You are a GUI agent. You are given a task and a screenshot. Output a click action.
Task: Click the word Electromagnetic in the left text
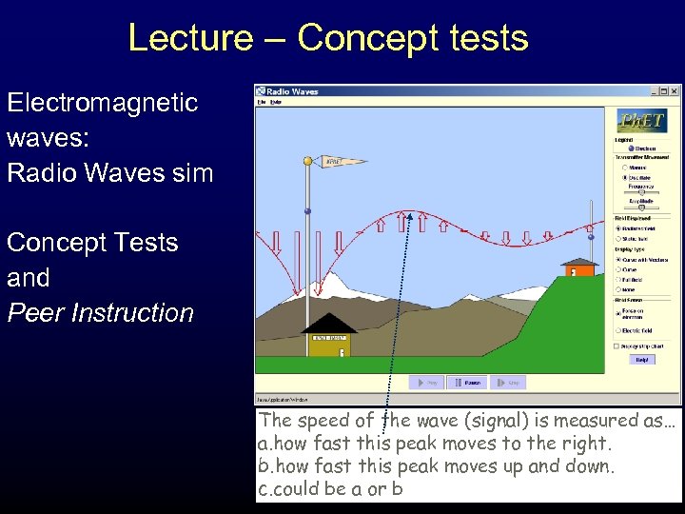coord(103,103)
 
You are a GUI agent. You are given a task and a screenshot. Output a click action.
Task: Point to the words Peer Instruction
coord(101,313)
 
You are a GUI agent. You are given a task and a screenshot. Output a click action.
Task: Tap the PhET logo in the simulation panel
coord(642,121)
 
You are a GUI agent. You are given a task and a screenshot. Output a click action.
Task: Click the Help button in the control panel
coord(641,360)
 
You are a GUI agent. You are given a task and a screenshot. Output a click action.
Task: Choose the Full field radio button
coord(619,279)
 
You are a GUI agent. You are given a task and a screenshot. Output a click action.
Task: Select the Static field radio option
coord(619,238)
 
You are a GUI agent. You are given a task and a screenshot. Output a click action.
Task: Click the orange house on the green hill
coord(577,270)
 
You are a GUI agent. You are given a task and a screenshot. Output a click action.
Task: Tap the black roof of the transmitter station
coord(328,324)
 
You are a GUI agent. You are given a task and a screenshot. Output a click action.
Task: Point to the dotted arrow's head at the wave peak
coord(410,216)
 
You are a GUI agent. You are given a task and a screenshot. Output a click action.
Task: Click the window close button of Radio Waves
coord(675,91)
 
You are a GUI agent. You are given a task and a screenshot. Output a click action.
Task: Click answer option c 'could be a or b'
coord(330,489)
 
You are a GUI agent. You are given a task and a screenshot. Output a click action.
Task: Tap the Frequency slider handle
coord(641,191)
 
